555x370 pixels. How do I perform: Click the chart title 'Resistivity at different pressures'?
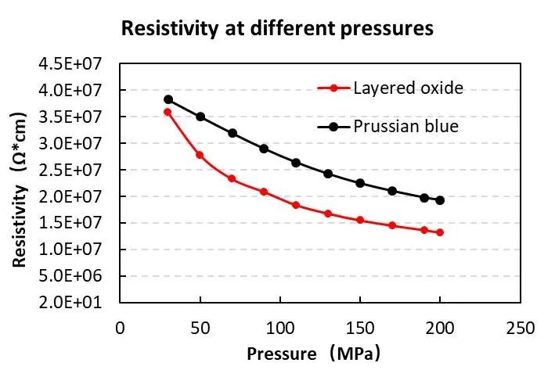point(276,30)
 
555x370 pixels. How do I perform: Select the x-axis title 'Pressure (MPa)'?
point(314,353)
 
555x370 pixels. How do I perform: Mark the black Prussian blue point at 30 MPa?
point(168,99)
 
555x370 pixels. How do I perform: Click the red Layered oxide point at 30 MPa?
point(168,112)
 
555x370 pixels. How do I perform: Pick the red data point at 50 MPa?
point(200,155)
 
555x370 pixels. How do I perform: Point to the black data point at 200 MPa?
point(440,200)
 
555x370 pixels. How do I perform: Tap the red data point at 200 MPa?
point(440,232)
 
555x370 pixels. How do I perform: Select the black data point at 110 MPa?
point(296,163)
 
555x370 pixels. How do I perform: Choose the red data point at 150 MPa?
point(360,220)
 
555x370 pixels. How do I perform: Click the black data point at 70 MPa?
point(232,133)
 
